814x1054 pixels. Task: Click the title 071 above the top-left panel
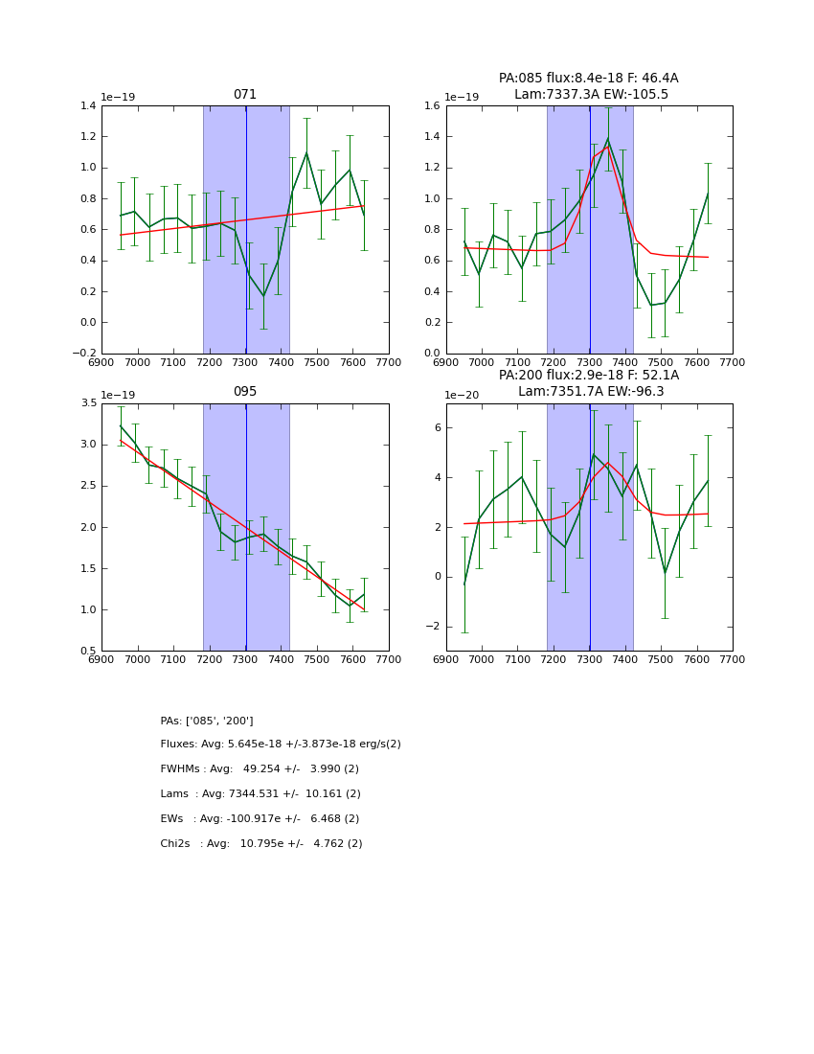point(245,95)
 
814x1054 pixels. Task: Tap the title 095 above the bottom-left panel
point(245,392)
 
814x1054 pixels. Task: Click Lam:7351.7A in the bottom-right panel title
point(554,392)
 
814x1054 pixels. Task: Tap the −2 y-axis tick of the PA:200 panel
point(432,627)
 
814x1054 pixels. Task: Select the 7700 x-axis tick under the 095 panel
point(389,659)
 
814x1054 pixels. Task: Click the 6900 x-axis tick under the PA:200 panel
point(446,659)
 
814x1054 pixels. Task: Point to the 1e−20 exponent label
point(464,395)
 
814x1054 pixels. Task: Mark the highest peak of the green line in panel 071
point(306,153)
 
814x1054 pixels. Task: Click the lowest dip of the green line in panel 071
point(263,295)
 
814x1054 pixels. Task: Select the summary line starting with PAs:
point(207,721)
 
